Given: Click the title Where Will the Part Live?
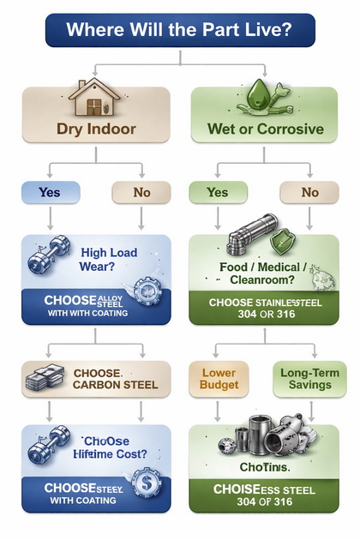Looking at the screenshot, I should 179,29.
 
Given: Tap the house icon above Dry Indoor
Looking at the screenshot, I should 96,99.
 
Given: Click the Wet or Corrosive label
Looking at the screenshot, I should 265,130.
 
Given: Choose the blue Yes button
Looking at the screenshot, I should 50,192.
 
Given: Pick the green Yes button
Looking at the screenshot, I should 218,192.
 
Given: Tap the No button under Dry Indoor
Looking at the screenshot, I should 141,192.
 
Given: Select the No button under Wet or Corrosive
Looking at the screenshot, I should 309,192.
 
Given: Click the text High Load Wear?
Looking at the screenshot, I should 108,260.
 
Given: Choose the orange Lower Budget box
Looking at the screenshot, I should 219,379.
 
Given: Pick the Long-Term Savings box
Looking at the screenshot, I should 309,379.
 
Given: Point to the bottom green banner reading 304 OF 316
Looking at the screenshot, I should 265,495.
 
